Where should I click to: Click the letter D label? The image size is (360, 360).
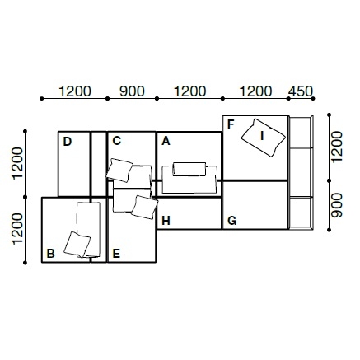pyautogui.click(x=68, y=142)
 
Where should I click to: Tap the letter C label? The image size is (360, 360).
pyautogui.click(x=117, y=141)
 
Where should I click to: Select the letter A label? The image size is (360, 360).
pyautogui.click(x=166, y=141)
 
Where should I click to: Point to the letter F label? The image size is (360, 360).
pyautogui.click(x=231, y=124)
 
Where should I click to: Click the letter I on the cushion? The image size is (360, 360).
pyautogui.click(x=262, y=136)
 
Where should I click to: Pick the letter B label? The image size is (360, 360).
pyautogui.click(x=50, y=254)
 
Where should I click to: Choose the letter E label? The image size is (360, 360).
pyautogui.click(x=116, y=254)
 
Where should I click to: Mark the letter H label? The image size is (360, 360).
pyautogui.click(x=166, y=221)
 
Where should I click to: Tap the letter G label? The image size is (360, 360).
pyautogui.click(x=232, y=221)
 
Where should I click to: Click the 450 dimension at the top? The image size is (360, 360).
pyautogui.click(x=301, y=91)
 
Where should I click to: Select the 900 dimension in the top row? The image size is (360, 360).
pyautogui.click(x=132, y=91)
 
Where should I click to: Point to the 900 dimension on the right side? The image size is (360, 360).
pyautogui.click(x=337, y=205)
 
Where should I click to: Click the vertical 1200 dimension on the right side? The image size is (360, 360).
pyautogui.click(x=337, y=147)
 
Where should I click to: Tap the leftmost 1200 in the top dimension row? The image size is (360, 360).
pyautogui.click(x=75, y=91)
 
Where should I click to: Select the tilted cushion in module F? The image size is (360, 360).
pyautogui.click(x=264, y=138)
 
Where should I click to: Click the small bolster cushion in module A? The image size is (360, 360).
pyautogui.click(x=189, y=169)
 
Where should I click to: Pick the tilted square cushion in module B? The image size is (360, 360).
pyautogui.click(x=77, y=245)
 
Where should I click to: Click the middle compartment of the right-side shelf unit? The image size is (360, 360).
pyautogui.click(x=301, y=172)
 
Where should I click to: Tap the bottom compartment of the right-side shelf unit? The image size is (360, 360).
pyautogui.click(x=301, y=213)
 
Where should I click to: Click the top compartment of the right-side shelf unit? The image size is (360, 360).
pyautogui.click(x=301, y=132)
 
